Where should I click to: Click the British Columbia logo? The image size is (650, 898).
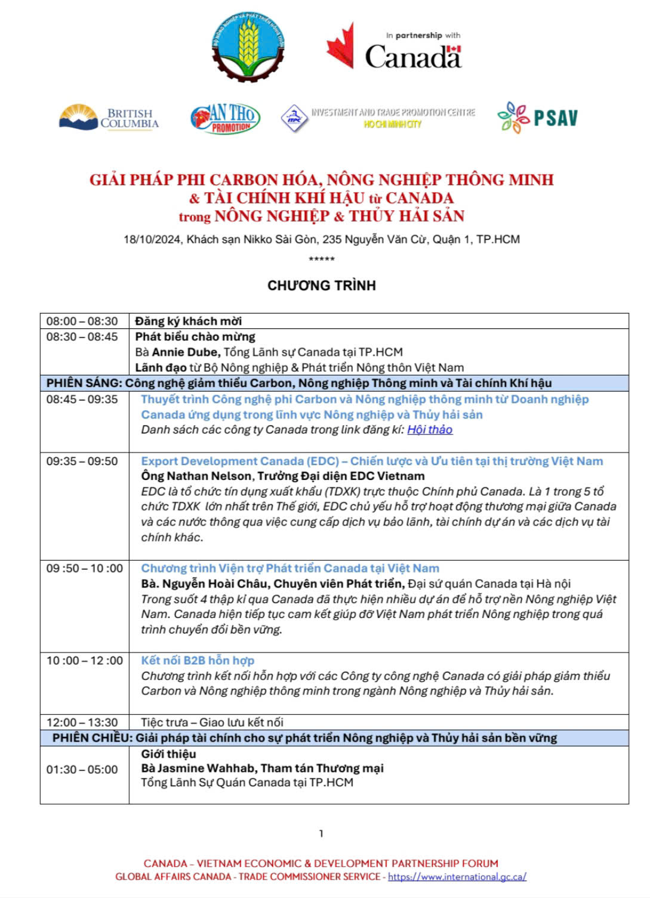[109, 118]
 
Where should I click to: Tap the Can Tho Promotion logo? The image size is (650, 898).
[225, 118]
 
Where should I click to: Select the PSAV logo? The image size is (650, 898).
[538, 118]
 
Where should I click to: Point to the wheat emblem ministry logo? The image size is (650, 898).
[248, 46]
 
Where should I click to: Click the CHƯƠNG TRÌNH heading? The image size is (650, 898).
[321, 285]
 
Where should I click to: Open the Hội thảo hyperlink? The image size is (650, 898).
[430, 430]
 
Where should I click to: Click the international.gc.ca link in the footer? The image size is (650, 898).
[457, 877]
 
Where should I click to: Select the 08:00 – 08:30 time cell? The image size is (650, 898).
[82, 321]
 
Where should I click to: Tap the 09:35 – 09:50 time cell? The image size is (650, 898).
[82, 462]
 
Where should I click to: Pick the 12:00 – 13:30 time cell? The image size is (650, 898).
[82, 722]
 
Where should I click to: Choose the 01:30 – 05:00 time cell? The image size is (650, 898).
[82, 770]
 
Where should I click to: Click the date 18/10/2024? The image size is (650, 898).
[152, 239]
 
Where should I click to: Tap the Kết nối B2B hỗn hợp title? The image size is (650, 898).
[198, 660]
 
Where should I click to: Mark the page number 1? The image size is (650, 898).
[321, 834]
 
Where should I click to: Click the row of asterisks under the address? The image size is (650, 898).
[321, 259]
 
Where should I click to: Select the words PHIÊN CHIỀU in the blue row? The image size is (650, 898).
[92, 738]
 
